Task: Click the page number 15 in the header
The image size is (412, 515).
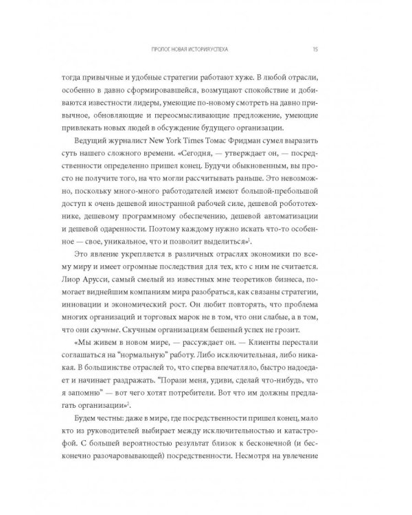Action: [x=314, y=49]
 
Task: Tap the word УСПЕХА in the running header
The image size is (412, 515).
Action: [x=232, y=49]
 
